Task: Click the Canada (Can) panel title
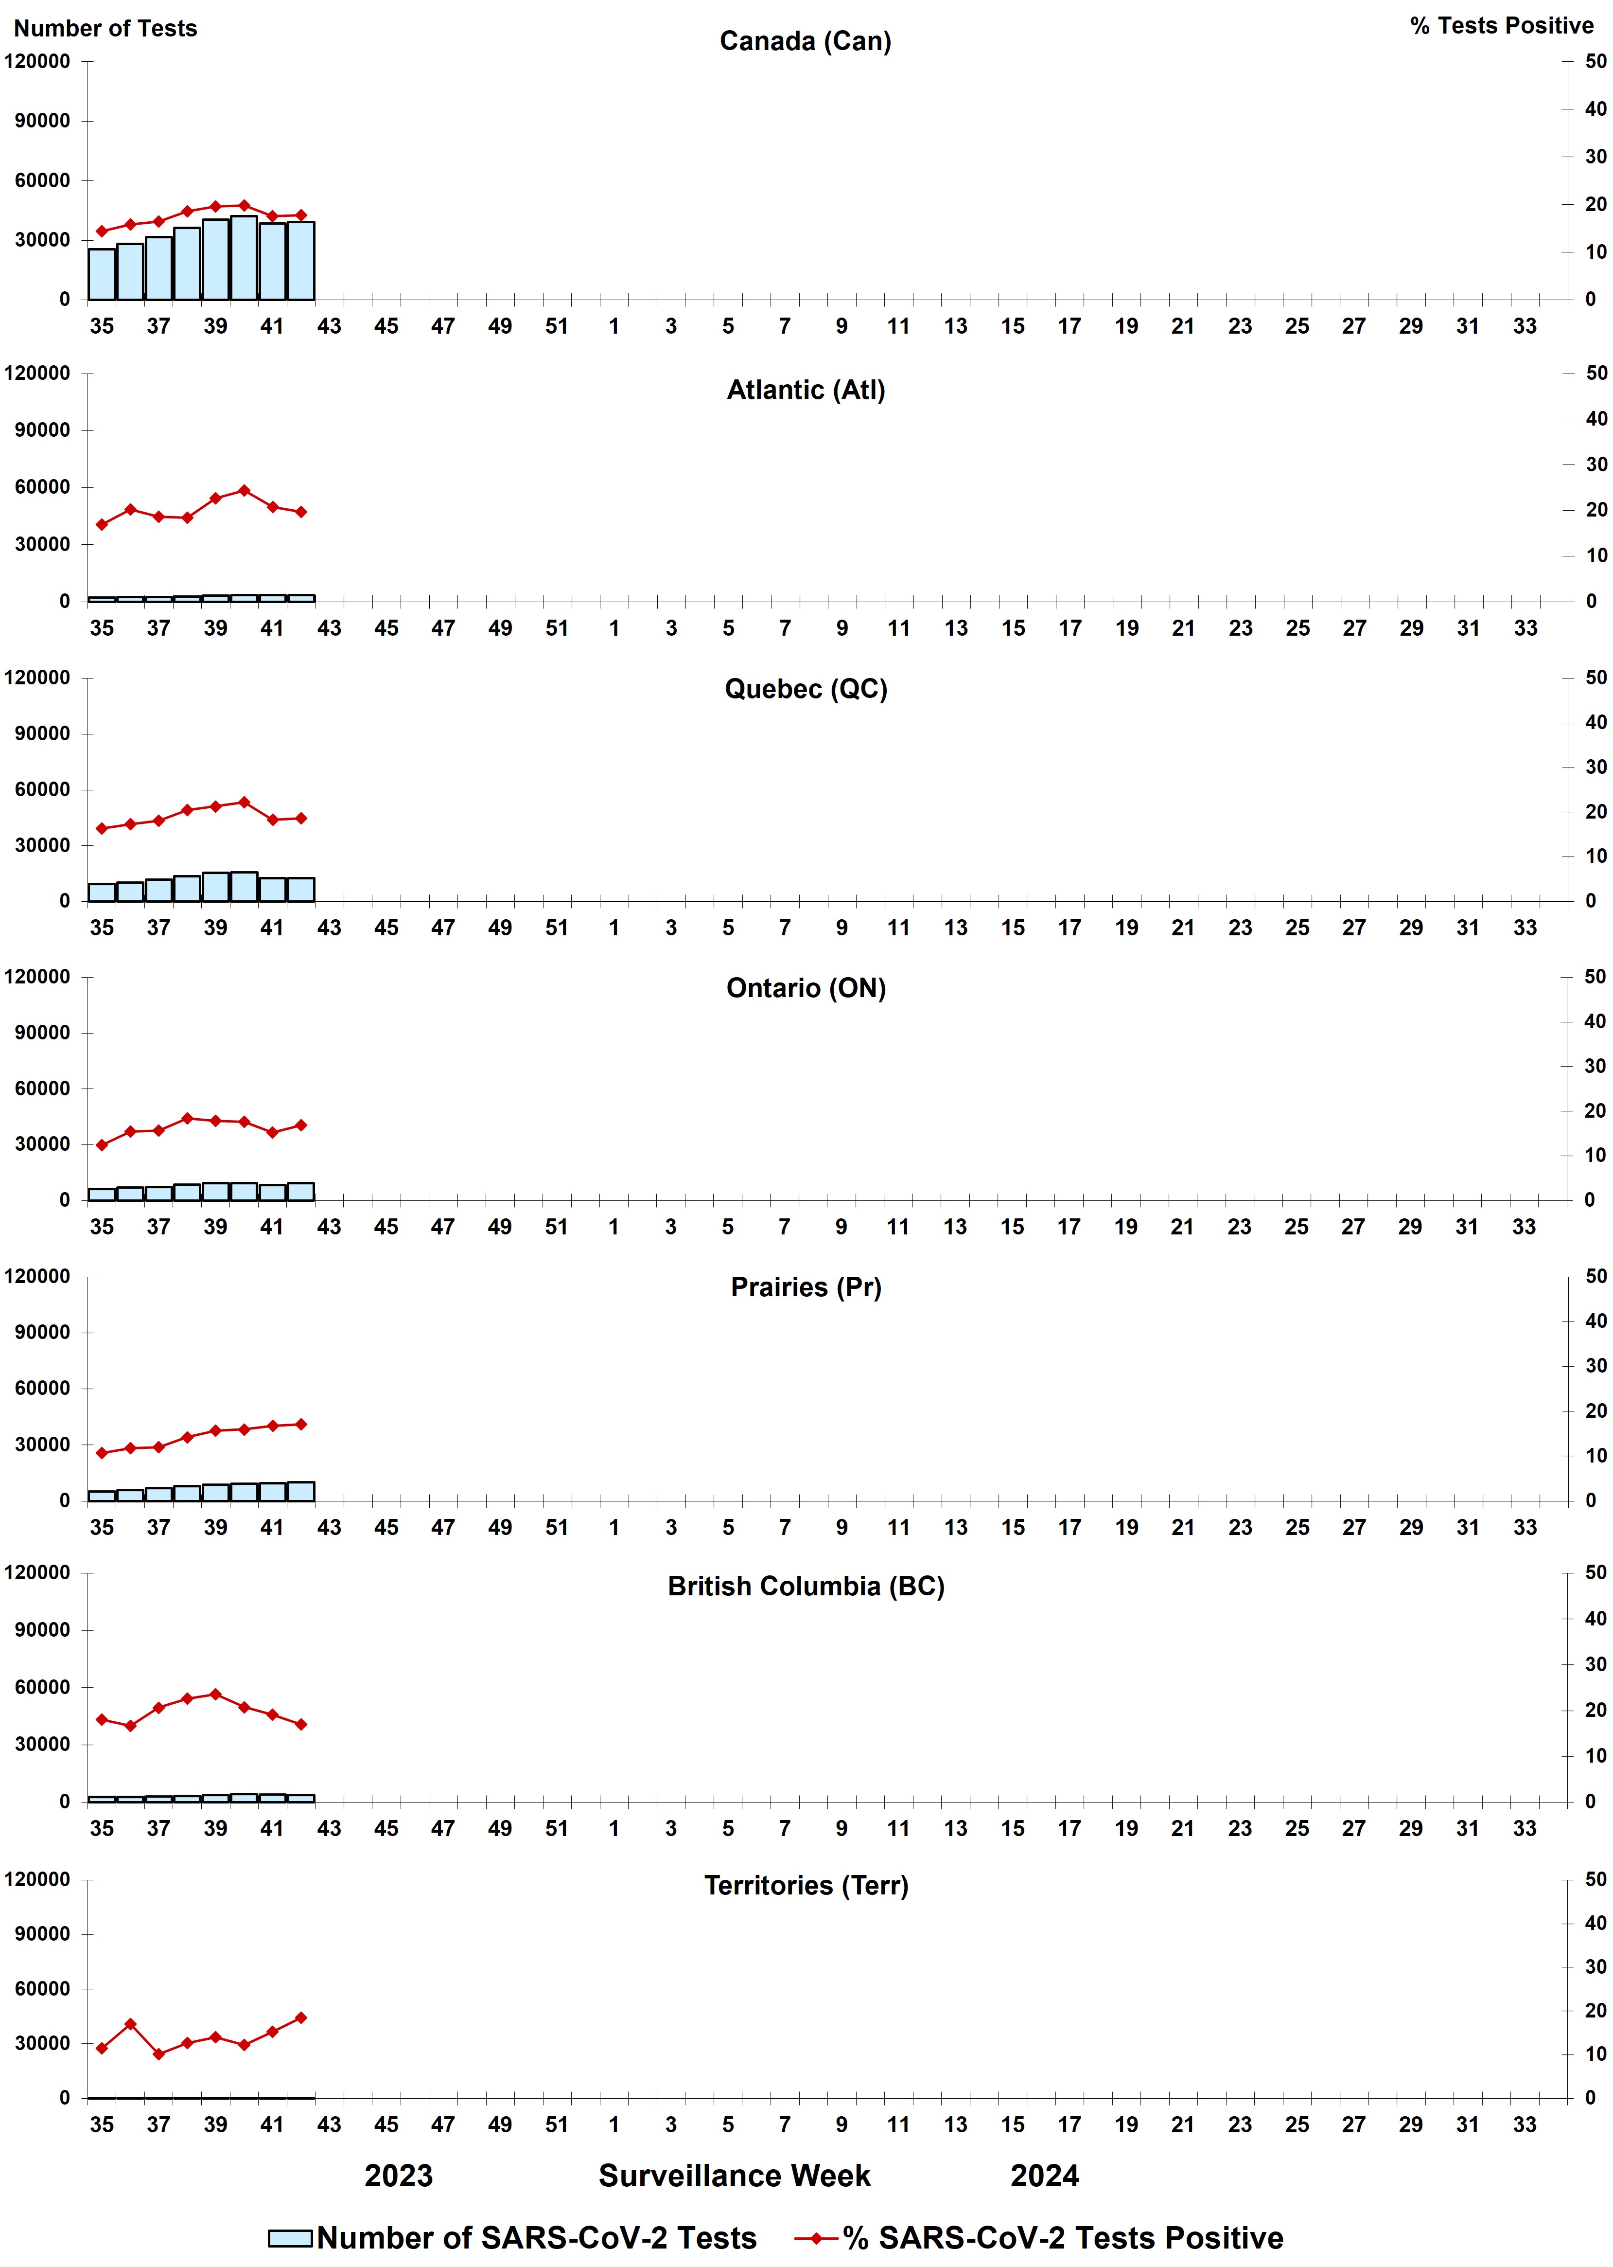click(x=806, y=42)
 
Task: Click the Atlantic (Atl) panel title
click(x=806, y=391)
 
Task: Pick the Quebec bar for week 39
click(x=215, y=887)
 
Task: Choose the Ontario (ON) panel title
click(x=806, y=988)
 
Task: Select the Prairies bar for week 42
click(x=301, y=1491)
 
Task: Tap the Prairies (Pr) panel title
click(x=806, y=1287)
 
